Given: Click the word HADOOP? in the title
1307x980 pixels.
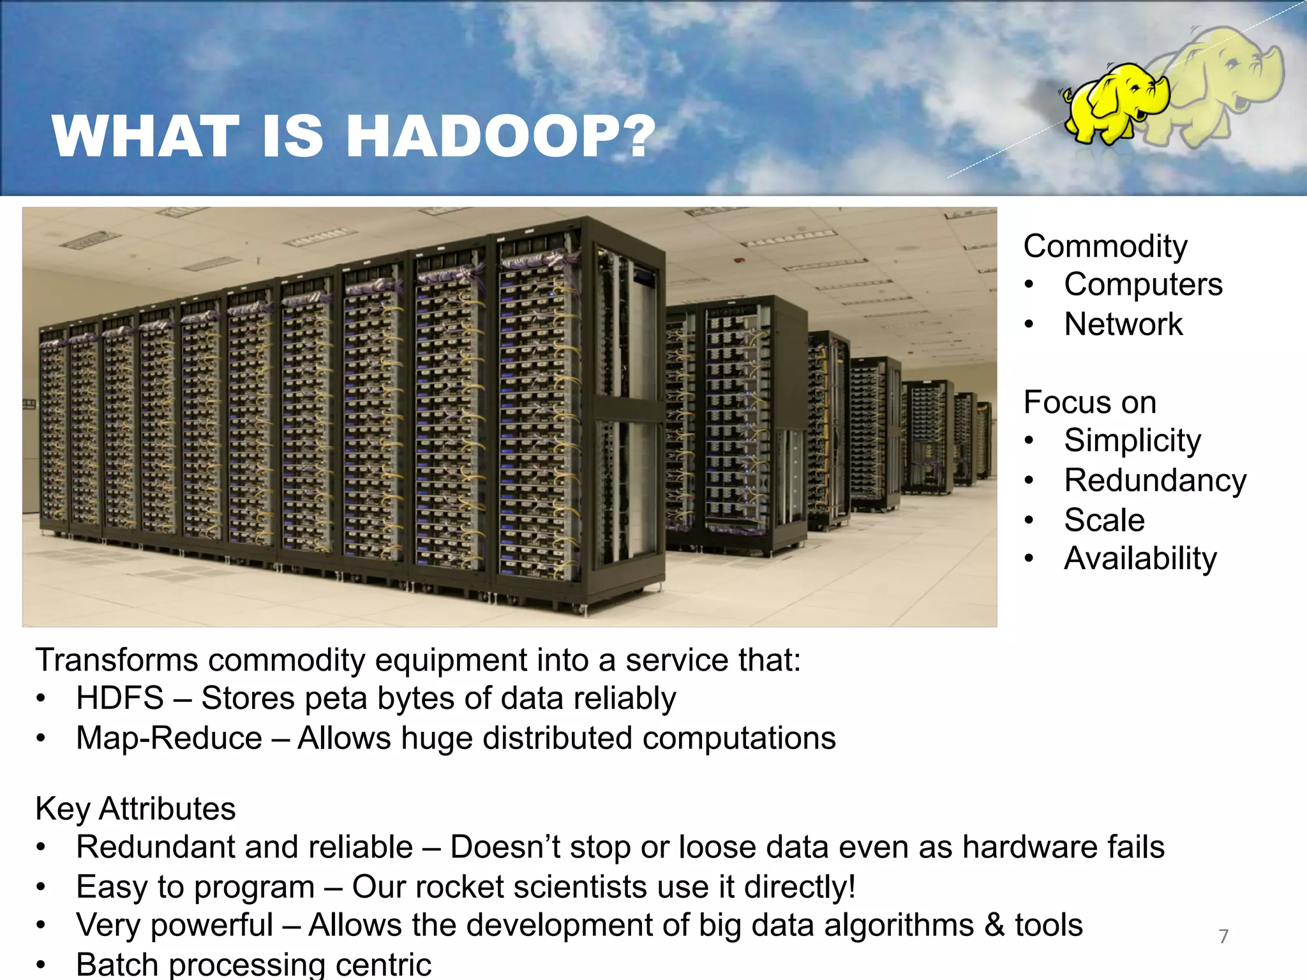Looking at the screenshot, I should coord(501,136).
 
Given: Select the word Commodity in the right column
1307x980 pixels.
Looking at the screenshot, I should coord(1105,246).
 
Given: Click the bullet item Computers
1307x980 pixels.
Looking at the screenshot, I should coord(1143,285).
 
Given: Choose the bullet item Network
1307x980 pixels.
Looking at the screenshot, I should coord(1123,324).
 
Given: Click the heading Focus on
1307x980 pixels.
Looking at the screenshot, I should coord(1089,403).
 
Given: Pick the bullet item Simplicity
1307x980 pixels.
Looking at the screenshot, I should coord(1132,441).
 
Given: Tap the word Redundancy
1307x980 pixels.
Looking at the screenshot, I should coord(1155,480).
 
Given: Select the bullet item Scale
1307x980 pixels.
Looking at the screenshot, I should coord(1104,520).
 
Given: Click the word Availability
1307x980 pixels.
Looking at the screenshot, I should coord(1140,559).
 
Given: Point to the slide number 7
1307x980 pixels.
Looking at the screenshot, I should coord(1223,936).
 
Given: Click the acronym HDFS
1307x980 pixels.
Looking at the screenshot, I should coord(120,698).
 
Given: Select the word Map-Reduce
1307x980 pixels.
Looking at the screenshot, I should coord(169,738).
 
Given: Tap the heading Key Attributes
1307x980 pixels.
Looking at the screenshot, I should coord(135,809).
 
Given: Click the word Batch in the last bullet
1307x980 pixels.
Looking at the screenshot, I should coord(117,964).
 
